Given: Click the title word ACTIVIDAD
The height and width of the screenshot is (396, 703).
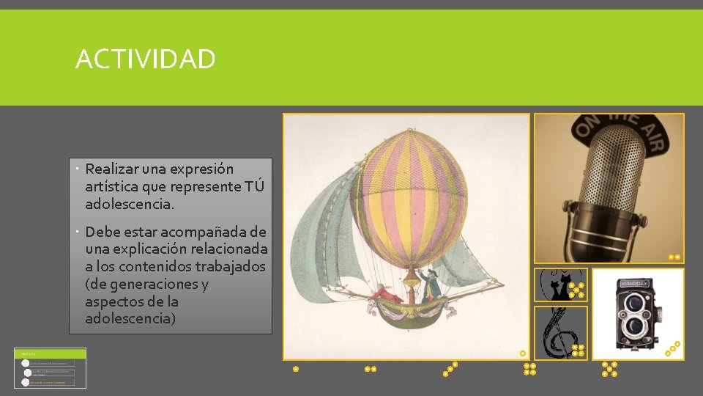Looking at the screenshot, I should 145,59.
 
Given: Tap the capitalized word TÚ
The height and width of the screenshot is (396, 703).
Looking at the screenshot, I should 253,186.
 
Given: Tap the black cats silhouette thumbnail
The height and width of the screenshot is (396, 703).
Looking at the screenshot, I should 560,285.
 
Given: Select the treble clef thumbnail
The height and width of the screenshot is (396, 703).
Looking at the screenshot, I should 560,332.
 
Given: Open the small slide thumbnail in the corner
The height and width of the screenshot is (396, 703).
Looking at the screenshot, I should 50,367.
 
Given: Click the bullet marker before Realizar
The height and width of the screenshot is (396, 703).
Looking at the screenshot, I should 77,169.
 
